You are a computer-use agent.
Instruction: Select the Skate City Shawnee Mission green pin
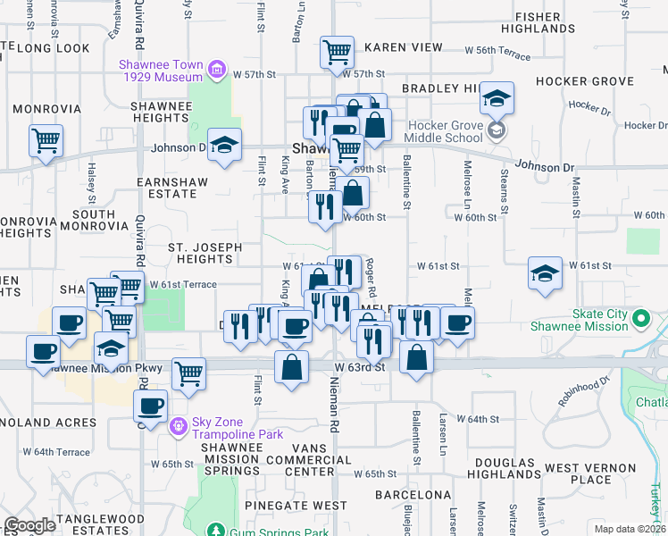(639, 318)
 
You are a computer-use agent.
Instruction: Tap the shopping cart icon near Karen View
(337, 53)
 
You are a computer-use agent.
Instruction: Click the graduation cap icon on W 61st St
(545, 274)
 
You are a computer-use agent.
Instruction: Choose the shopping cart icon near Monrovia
(46, 140)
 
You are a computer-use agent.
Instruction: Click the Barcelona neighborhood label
(413, 495)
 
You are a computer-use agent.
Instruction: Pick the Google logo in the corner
(29, 525)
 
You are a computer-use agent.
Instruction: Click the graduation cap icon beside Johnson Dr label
(225, 146)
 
